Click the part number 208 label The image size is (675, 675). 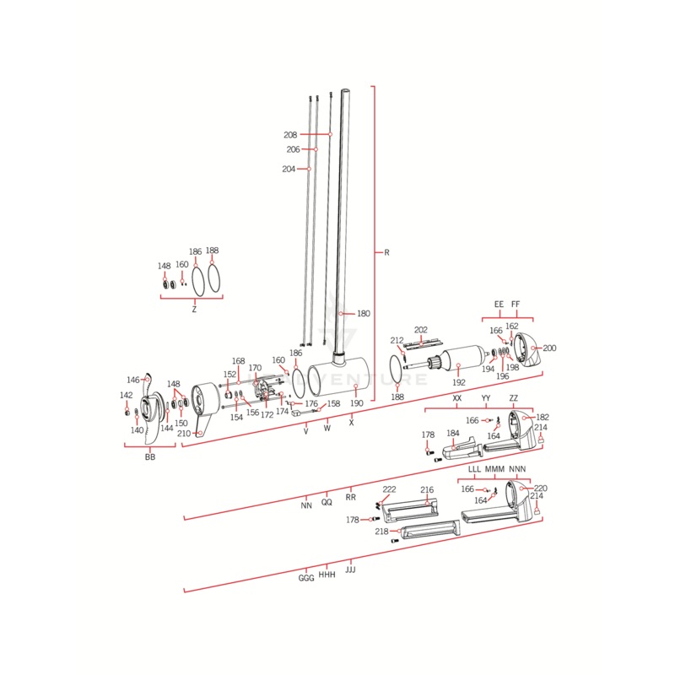[290, 135]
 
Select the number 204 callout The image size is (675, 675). [289, 170]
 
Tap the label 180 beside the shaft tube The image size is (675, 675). [363, 314]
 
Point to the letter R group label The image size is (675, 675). [386, 253]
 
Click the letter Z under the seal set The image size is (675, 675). [194, 310]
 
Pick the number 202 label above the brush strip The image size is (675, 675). [421, 330]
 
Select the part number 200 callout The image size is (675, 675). [549, 348]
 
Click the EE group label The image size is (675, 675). [499, 304]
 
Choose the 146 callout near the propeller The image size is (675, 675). [132, 380]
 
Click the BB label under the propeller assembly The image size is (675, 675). [150, 456]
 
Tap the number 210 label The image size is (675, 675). [183, 434]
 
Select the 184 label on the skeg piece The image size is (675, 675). [453, 434]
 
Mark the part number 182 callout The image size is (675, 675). [542, 417]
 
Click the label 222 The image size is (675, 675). [389, 490]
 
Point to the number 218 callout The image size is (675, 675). [381, 532]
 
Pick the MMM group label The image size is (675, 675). [495, 468]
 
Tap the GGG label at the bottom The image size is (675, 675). [306, 579]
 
